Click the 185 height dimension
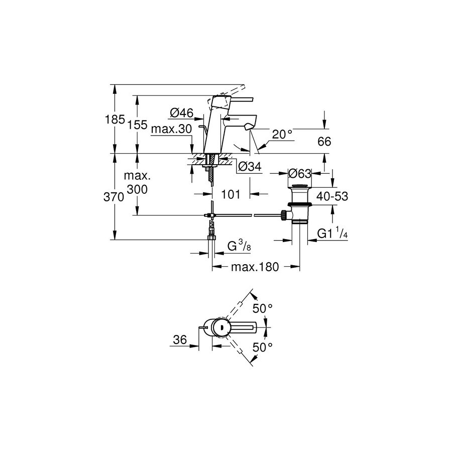click(x=115, y=119)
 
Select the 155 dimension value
click(x=137, y=125)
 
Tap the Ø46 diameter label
click(x=182, y=112)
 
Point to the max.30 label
click(x=172, y=129)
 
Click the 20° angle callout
click(x=282, y=134)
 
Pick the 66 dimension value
click(x=324, y=142)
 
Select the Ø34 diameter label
click(x=250, y=166)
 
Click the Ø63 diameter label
click(x=300, y=173)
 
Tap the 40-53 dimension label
click(x=332, y=196)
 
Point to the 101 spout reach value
click(x=231, y=194)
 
